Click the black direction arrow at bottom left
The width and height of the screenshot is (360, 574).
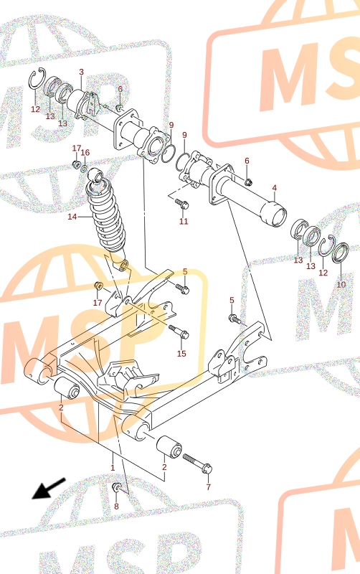coord(48,489)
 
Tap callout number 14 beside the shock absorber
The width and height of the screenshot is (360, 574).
coord(72,217)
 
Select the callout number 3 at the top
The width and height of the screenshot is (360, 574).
coord(81,72)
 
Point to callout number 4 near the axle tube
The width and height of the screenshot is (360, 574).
coord(275,188)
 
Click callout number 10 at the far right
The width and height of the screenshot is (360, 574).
coord(341,284)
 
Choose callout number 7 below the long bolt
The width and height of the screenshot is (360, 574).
coord(208,487)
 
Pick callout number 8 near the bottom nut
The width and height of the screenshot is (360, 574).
coord(116,507)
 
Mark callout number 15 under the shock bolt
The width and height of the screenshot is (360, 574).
coord(181,353)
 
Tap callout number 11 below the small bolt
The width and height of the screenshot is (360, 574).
coord(184,221)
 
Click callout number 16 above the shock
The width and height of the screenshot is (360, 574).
coord(85,152)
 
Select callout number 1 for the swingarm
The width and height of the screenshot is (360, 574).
coord(113,468)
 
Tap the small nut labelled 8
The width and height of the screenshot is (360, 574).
coord(117,486)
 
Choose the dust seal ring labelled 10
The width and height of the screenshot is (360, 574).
coord(340,253)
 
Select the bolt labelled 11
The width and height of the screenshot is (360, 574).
coord(182,203)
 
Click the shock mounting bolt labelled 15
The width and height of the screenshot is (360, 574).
coord(179,331)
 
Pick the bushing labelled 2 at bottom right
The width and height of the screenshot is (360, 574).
coord(169,446)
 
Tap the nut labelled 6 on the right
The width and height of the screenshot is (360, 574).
coord(248,182)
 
